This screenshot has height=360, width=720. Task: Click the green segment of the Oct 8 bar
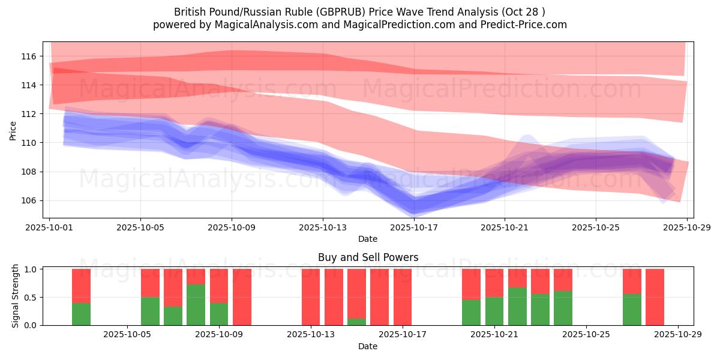(196, 305)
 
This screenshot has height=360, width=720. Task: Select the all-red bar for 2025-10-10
(242, 297)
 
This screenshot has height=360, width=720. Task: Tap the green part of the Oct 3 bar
(81, 314)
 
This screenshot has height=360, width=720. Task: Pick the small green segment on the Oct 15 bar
(356, 322)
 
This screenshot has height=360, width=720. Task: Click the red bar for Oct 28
(655, 297)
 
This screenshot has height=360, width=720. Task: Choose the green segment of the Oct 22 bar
(517, 306)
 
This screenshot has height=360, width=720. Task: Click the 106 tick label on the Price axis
(29, 200)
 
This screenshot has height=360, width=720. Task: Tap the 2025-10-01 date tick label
(50, 228)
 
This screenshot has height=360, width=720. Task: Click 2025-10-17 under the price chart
(414, 228)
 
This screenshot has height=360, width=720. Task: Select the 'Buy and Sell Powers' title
(368, 257)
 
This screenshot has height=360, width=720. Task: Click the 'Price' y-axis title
(13, 130)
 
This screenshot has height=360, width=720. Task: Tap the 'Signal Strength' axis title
(16, 296)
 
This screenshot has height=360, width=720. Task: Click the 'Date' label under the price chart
(368, 239)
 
